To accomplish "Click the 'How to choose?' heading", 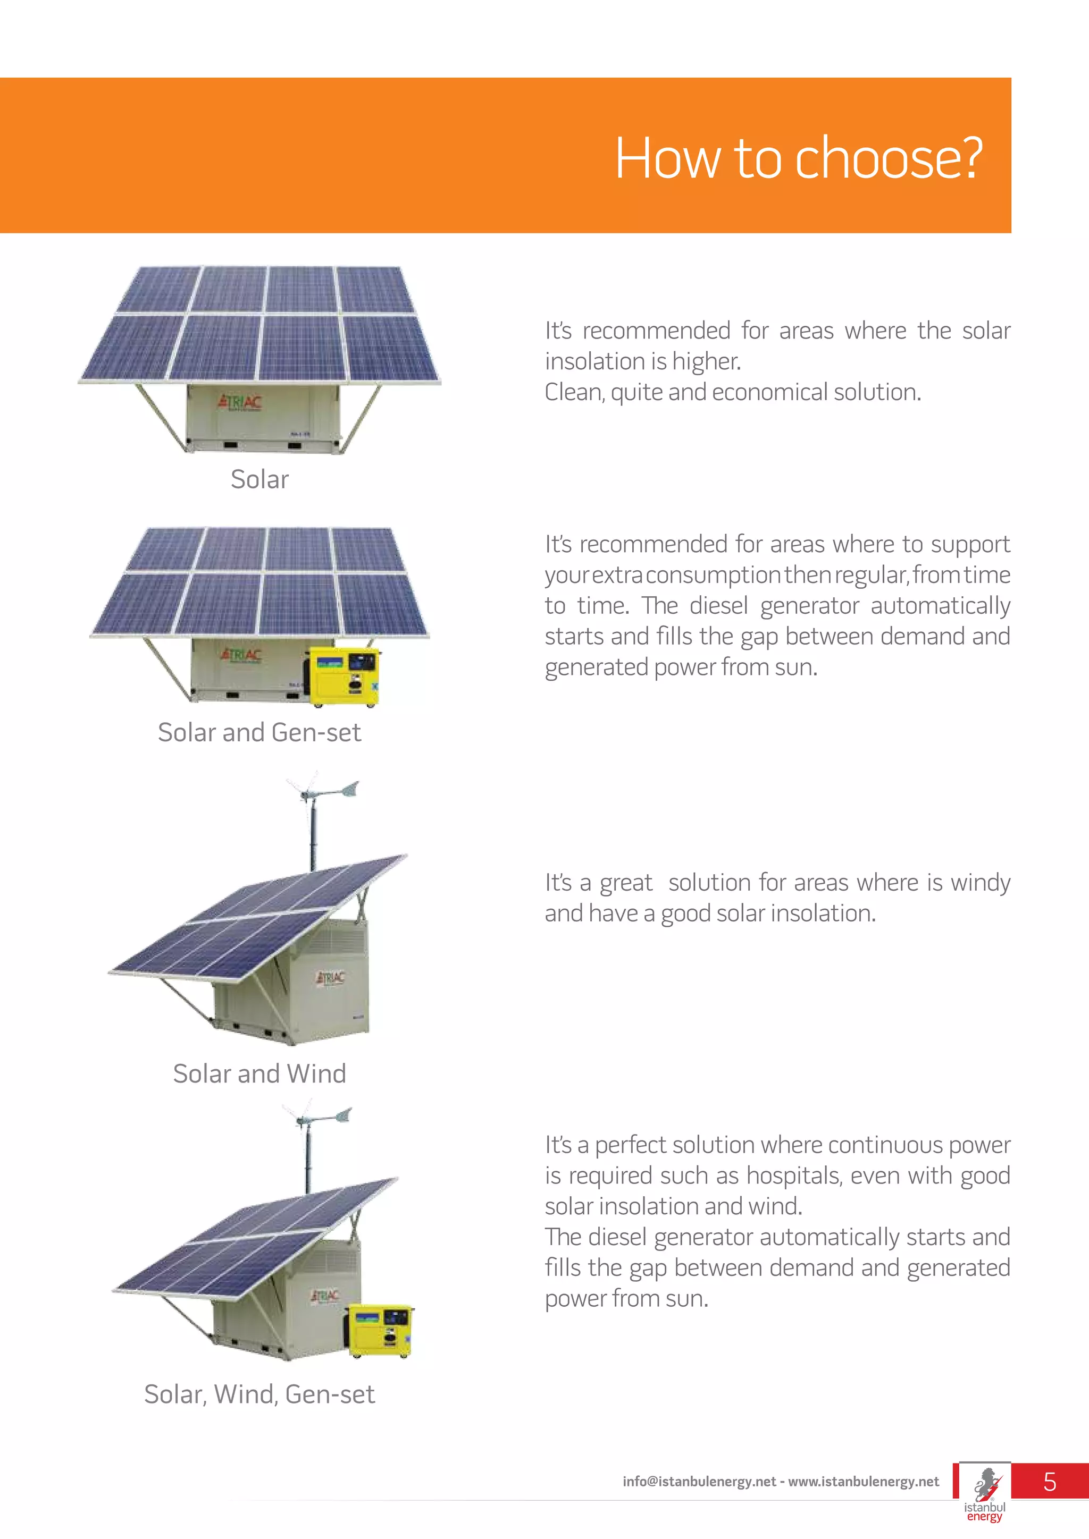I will point(798,158).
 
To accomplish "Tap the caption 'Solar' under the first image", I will point(259,480).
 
